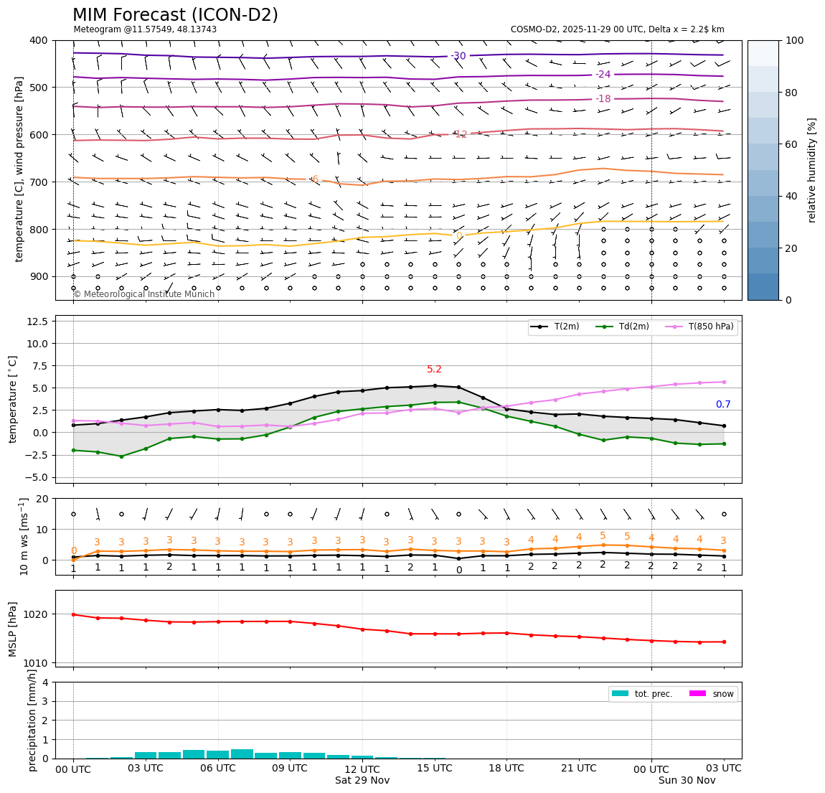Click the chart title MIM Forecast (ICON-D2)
175,15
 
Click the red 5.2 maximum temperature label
435,370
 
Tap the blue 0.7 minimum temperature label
723,405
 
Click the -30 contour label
458,56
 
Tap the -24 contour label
603,75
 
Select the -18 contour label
603,99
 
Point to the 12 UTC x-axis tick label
362,768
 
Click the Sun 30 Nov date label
687,780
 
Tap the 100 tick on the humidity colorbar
795,40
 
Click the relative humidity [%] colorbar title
812,170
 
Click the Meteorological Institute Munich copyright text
144,294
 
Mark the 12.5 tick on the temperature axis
37,321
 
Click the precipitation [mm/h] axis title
32,721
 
